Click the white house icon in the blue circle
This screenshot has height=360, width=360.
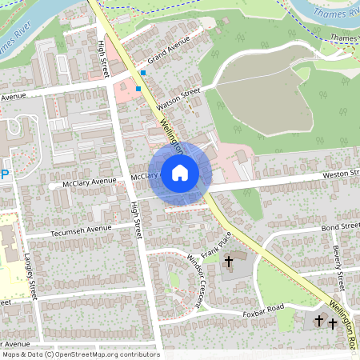(180, 173)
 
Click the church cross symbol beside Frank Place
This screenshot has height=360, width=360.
(228, 261)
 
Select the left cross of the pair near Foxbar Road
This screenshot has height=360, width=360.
(319, 321)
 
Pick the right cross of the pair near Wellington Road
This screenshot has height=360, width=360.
(332, 323)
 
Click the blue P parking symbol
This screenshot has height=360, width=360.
(5, 174)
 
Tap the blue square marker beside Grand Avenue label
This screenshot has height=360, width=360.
(142, 73)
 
